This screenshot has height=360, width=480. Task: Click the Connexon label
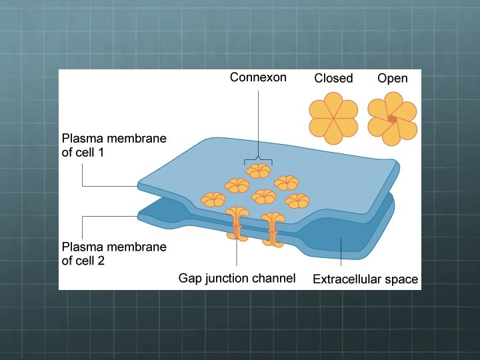coord(258,77)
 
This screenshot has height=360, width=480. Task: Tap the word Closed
coord(333,79)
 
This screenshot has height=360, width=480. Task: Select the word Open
coord(392,79)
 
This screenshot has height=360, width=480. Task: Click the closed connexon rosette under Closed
coord(333,118)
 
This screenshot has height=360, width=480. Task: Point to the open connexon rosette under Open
coord(392,118)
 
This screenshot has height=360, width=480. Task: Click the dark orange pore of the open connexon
coord(392,119)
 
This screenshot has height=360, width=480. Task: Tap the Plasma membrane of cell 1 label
coord(114,145)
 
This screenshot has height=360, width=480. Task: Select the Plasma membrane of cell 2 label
coord(114,253)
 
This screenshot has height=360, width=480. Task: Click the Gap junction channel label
coord(237,278)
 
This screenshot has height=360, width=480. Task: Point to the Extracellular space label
coord(365,279)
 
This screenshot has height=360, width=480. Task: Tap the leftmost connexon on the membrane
coord(213,199)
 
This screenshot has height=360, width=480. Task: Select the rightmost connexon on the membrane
coord(297,200)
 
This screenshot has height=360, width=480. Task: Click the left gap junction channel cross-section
coord(237,225)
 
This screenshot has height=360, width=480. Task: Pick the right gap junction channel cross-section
coord(273,227)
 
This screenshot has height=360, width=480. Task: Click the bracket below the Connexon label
coord(258,161)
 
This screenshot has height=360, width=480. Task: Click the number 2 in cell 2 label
coord(101,261)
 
